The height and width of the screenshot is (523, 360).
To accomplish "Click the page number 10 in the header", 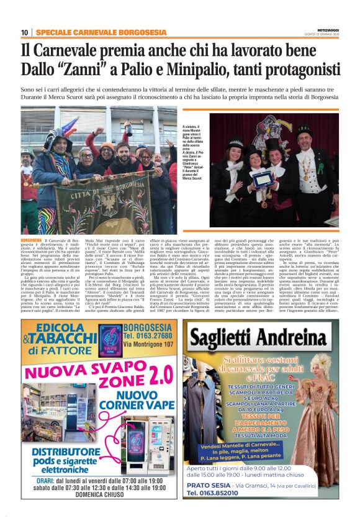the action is coord(24,32).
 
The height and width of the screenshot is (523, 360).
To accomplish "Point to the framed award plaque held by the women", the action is coord(261,180).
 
